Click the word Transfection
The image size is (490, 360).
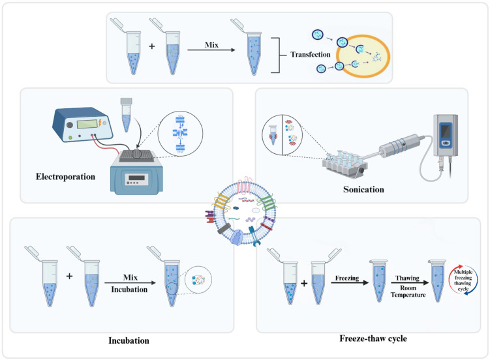click(311, 55)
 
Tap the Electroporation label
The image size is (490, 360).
click(66, 177)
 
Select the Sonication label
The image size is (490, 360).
click(363, 190)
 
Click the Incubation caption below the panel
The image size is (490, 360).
click(129, 340)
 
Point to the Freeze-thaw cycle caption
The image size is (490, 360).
click(373, 338)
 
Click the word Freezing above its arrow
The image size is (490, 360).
click(347, 278)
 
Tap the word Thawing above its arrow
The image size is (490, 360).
click(407, 278)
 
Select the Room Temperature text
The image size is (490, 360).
click(408, 292)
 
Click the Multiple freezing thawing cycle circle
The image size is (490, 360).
click(463, 280)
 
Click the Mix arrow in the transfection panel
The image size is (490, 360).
click(211, 50)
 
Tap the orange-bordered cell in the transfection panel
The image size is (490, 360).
click(363, 56)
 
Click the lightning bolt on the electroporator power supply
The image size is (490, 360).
click(100, 123)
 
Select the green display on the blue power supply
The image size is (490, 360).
click(87, 124)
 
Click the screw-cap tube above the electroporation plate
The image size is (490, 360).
click(126, 115)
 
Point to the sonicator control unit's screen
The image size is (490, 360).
click(446, 131)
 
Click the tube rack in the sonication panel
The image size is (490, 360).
click(345, 164)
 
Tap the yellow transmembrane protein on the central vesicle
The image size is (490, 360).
click(221, 202)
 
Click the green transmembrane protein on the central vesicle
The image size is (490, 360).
click(266, 203)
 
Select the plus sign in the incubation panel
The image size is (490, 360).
click(69, 276)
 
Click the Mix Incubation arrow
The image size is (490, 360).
click(130, 283)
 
